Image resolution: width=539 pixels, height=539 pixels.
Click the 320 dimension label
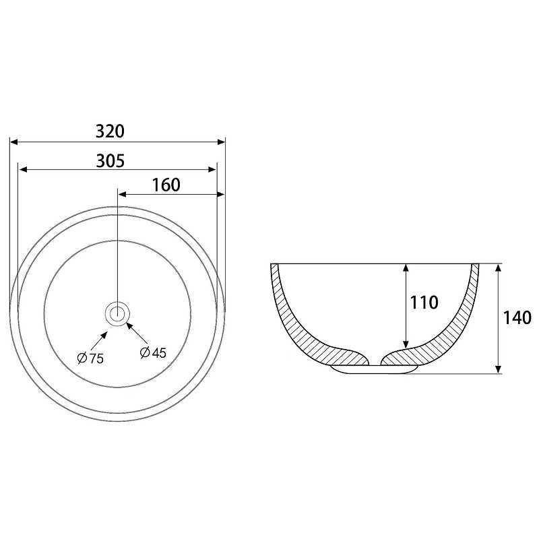point(110,131)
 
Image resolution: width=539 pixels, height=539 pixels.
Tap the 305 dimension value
point(110,161)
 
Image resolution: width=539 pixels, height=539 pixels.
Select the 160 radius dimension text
point(166,185)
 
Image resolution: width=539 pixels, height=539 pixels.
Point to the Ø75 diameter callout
point(90,358)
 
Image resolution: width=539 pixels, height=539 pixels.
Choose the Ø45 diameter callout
point(154,352)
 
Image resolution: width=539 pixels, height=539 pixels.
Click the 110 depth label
point(424,303)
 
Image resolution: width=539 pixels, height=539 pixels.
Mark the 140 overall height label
point(517,318)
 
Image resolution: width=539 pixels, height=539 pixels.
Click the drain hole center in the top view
point(117,313)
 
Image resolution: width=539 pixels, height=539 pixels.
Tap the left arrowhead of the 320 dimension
point(13,141)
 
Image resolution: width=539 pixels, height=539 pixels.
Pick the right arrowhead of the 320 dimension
point(221,141)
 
